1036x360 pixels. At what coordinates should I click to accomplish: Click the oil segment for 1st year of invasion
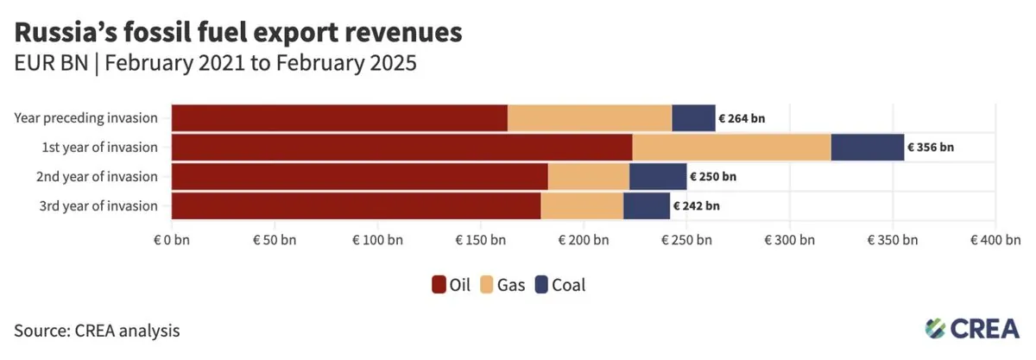(x=401, y=147)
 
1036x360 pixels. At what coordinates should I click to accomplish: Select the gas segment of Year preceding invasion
(x=590, y=118)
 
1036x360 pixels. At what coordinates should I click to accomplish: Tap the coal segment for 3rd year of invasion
(x=646, y=205)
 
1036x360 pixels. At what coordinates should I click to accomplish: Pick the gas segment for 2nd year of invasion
(x=588, y=176)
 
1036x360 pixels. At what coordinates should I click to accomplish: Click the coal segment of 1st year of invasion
(x=867, y=147)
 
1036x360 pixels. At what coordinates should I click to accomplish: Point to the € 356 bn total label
(x=931, y=148)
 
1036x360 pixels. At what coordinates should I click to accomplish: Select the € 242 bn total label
(x=696, y=205)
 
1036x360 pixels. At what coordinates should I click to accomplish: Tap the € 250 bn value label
(x=713, y=177)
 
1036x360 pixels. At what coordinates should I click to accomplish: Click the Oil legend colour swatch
(x=439, y=284)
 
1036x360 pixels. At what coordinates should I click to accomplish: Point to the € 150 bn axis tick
(x=480, y=240)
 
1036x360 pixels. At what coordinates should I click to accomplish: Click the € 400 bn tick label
(x=995, y=240)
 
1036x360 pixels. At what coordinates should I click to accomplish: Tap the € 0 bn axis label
(x=172, y=240)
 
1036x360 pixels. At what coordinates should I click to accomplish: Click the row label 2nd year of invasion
(x=97, y=177)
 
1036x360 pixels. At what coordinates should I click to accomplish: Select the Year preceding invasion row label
(x=86, y=118)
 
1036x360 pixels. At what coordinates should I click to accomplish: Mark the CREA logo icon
(x=936, y=329)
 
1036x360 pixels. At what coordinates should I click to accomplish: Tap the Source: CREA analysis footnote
(x=98, y=330)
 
